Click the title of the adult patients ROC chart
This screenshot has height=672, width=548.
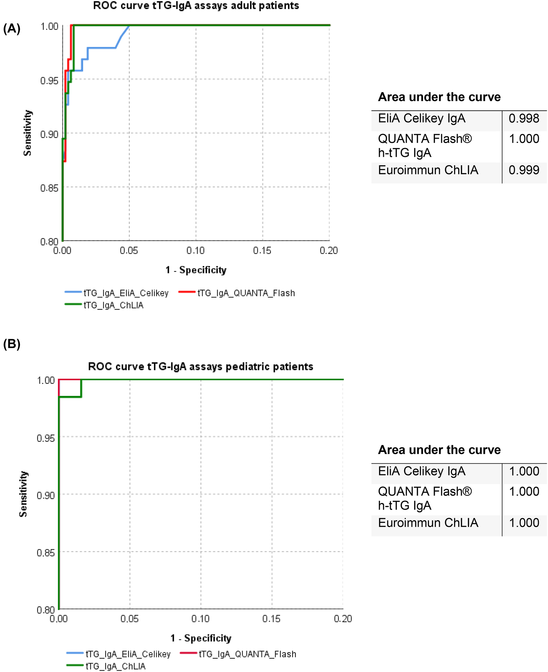pos(196,6)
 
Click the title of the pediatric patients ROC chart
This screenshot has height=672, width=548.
pos(200,366)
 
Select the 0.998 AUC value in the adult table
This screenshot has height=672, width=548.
pos(524,119)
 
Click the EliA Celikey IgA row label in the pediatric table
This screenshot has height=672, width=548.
pos(421,471)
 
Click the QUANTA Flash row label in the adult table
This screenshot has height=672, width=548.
pos(424,146)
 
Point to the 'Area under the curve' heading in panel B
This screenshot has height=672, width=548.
pos(439,450)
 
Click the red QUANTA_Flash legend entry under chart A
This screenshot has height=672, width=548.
pos(237,293)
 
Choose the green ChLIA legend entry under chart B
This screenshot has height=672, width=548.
pos(106,666)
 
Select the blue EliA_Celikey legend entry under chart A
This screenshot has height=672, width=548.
pos(117,293)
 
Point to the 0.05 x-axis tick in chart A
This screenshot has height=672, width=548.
pos(129,250)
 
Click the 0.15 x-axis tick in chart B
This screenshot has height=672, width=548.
pos(271,619)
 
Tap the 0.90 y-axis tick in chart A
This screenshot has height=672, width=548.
pos(49,135)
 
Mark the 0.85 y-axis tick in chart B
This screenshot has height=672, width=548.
pos(46,553)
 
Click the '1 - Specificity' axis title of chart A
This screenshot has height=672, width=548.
pos(196,270)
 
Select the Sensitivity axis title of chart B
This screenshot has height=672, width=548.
pos(23,494)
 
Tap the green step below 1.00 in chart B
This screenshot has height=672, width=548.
pos(70,397)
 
